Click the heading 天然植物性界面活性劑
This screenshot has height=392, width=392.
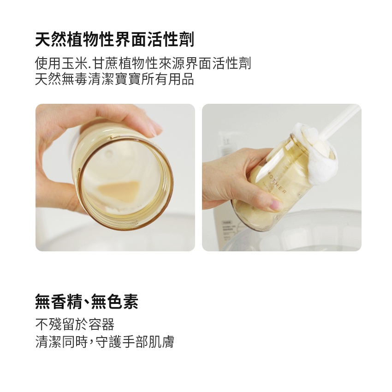(x=115, y=40)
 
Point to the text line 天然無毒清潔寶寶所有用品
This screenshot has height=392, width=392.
(x=115, y=79)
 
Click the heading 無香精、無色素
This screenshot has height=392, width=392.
(x=87, y=302)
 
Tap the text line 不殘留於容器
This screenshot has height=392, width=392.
(x=75, y=325)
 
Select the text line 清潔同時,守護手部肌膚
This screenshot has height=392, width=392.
(x=105, y=341)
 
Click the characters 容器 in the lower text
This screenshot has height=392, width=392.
(x=101, y=325)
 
